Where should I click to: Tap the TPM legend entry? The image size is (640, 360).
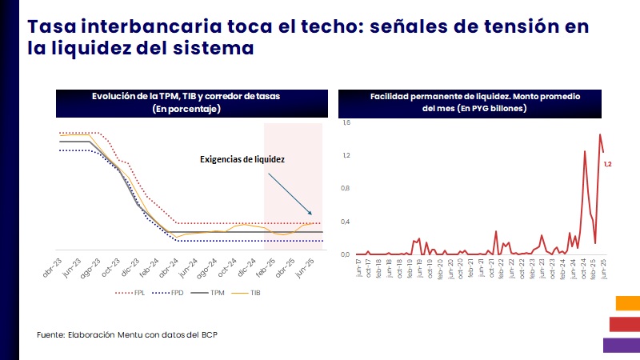click(210, 293)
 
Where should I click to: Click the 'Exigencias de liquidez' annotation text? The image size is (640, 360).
click(242, 159)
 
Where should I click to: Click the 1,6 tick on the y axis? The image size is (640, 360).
click(346, 123)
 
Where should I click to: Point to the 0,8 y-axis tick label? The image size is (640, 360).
click(346, 189)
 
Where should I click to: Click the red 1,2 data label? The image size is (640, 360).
click(607, 164)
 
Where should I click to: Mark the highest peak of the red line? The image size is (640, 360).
click(599, 134)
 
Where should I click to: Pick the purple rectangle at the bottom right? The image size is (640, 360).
click(621, 345)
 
